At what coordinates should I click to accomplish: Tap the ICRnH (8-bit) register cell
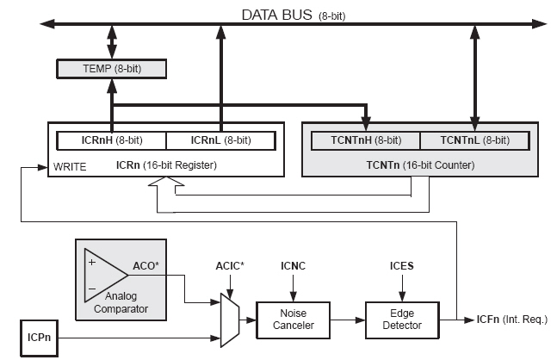coord(111,140)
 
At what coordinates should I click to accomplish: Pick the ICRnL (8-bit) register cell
coord(220,140)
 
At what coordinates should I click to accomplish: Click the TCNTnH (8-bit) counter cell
coord(366,140)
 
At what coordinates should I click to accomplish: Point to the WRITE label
coord(70,164)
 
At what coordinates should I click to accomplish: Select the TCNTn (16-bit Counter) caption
coord(423,164)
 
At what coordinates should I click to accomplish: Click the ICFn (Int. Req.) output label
coord(511,320)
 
